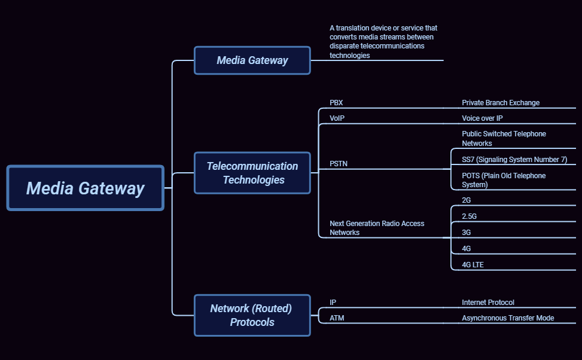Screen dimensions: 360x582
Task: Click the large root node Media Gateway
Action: coord(85,188)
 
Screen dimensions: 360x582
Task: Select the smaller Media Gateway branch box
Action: coord(252,60)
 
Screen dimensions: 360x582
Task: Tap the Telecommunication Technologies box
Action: coord(252,173)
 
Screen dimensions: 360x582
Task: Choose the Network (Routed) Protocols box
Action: coord(252,315)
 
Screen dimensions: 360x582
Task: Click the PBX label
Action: coord(336,103)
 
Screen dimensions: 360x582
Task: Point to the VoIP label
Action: coord(337,118)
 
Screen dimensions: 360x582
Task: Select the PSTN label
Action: coord(339,163)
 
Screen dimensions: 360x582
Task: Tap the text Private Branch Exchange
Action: coord(501,103)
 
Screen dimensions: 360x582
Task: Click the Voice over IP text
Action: coord(482,118)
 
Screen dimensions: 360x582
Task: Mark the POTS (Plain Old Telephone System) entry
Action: coord(504,180)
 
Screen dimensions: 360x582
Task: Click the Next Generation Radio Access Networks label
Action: coord(377,228)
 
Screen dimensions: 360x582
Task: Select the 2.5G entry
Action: coord(470,216)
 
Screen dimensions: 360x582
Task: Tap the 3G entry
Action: coord(467,233)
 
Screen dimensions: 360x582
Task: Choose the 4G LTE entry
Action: coord(473,264)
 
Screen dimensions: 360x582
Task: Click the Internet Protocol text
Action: coord(488,303)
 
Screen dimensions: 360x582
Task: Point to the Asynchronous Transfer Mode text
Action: coord(508,318)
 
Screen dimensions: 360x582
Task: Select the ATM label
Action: coord(337,318)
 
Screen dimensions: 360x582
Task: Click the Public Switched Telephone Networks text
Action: coord(504,139)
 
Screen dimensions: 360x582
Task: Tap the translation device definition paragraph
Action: coord(383,42)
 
